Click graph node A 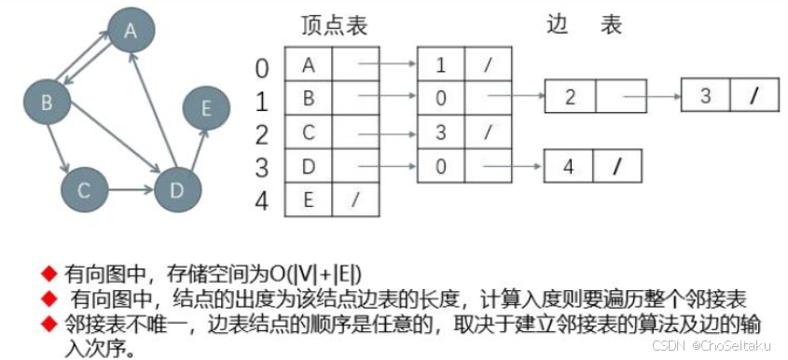point(131,31)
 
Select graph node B point(45,103)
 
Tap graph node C point(83,191)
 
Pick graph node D point(173,190)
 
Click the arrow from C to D point(129,191)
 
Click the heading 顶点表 point(335,26)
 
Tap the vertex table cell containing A point(308,64)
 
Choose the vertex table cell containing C point(308,133)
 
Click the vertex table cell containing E point(308,200)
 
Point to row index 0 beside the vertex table point(262,67)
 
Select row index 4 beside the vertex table point(262,201)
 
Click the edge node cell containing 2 point(569,97)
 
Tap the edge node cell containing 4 point(568,169)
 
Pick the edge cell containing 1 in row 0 point(440,64)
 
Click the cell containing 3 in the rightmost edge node point(705,96)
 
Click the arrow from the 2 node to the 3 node point(650,96)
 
